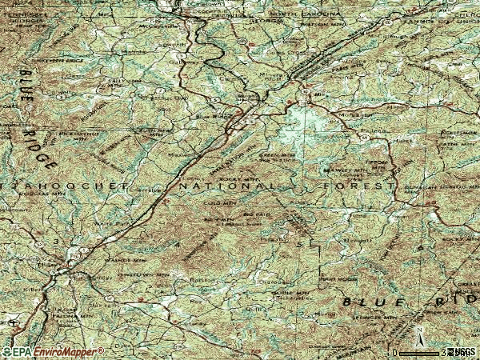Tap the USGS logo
point(462,352)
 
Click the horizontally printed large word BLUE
point(370,302)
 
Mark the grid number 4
point(178,244)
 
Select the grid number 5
point(300,242)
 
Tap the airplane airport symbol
point(14,322)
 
